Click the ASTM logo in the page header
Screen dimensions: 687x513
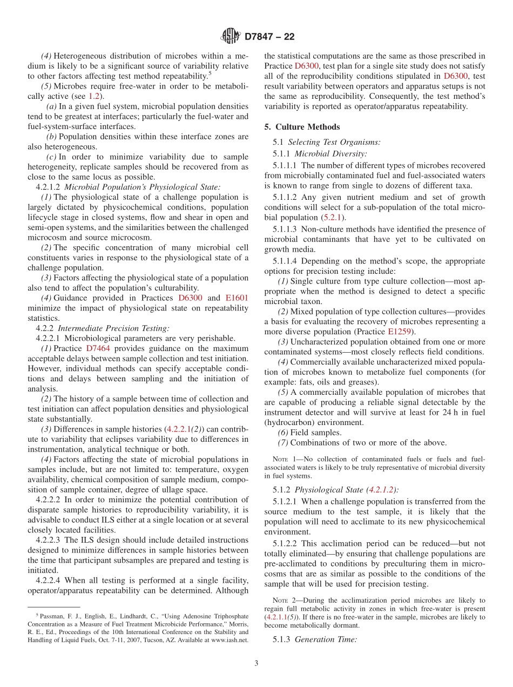pos(231,37)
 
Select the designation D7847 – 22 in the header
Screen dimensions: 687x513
pos(269,37)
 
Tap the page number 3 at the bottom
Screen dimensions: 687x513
pos(256,663)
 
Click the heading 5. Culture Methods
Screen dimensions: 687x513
pos(302,127)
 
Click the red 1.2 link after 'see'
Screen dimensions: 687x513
pos(94,96)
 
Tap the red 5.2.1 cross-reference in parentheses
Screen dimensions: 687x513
pos(333,217)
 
